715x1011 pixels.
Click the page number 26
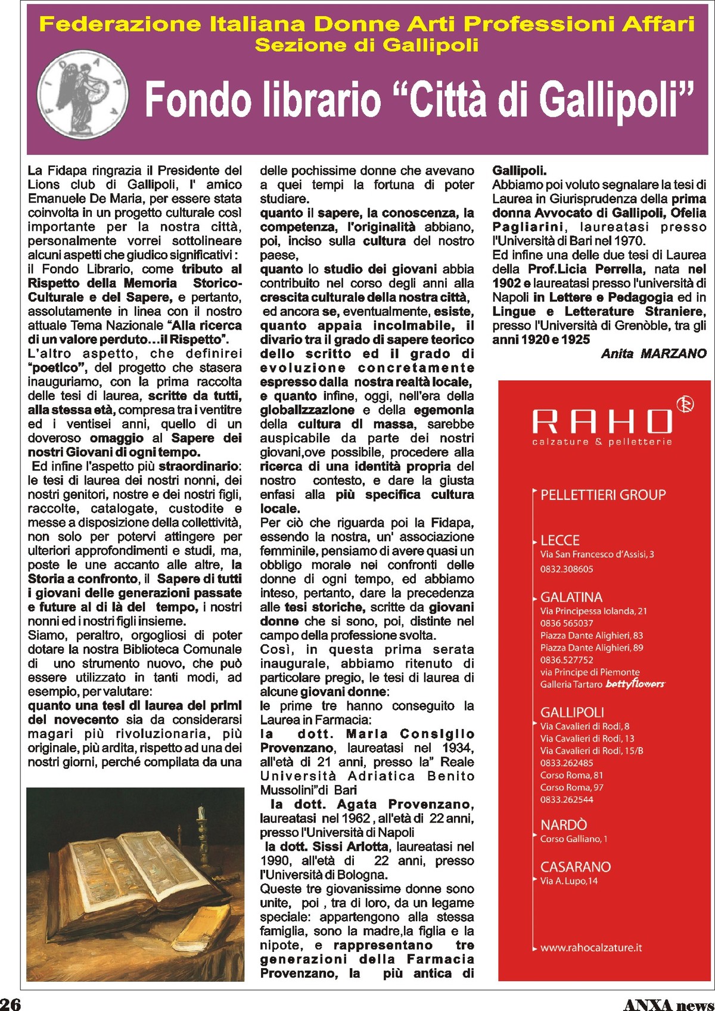tap(10, 1003)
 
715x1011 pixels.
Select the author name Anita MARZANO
tap(654, 353)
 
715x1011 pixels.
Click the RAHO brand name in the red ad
tap(602, 421)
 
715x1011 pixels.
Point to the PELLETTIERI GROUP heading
tap(602, 495)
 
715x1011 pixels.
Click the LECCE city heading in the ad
tap(559, 540)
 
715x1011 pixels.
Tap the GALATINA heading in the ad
tap(571, 597)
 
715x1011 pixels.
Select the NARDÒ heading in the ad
tap(563, 825)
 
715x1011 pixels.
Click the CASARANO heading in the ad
tap(575, 867)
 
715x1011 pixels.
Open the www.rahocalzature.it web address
tap(590, 947)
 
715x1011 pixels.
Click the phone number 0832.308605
tap(566, 569)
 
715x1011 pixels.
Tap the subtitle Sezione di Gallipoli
tap(366, 45)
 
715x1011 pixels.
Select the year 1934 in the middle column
tap(458, 748)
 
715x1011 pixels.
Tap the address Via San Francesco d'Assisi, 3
tap(596, 554)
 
